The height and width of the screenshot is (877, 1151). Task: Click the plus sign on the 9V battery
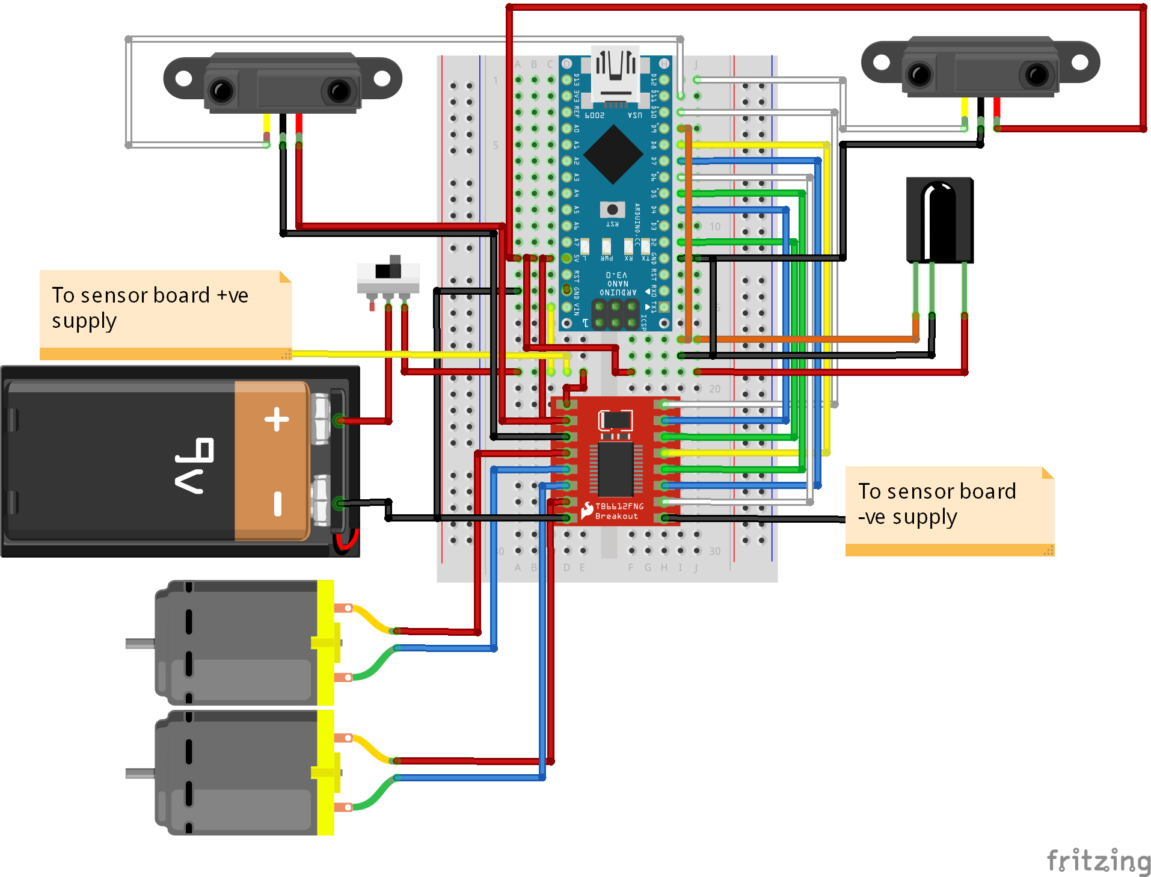277,419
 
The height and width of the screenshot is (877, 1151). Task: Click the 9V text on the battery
195,466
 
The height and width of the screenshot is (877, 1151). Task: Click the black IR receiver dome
939,217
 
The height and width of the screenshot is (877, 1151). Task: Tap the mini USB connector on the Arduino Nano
615,75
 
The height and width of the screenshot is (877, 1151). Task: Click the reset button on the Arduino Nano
612,209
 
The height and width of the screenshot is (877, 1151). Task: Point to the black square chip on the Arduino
613,155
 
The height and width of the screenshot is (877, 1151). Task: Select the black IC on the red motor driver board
615,469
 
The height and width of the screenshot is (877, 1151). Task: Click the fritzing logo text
1097,860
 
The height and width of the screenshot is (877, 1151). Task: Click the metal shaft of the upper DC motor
140,644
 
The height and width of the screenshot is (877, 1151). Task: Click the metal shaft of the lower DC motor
140,774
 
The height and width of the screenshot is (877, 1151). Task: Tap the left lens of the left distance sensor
221,91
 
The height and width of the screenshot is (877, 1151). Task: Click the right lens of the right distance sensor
1037,75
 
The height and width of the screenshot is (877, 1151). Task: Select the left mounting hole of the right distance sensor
881,62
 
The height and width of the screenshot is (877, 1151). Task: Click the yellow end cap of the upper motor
325,642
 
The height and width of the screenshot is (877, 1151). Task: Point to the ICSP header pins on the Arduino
615,315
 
